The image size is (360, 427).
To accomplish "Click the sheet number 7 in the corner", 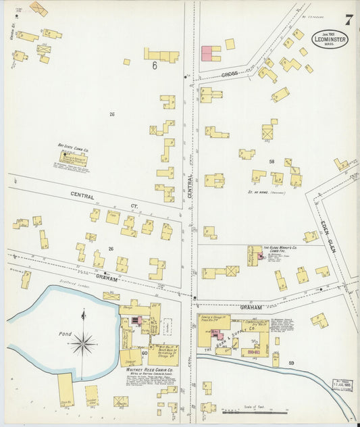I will point(348,19).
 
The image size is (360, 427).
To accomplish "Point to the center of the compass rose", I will point(82,343).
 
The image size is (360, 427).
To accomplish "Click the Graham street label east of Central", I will point(250,307).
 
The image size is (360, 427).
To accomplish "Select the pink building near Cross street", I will point(211,53).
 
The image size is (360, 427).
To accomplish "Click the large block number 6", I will point(155,66).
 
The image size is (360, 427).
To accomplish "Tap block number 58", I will point(272,161).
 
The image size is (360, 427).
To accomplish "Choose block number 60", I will point(144,353).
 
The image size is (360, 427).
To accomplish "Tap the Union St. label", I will point(11,31).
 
